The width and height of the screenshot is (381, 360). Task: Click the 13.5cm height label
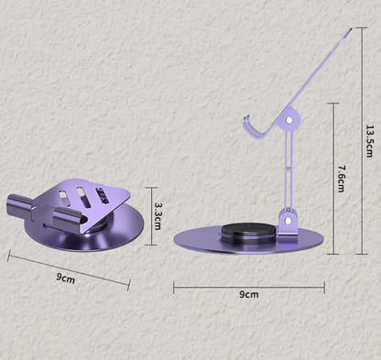[x=369, y=141]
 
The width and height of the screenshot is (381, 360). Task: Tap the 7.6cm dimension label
[x=342, y=179]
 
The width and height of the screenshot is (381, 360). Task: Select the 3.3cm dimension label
[x=158, y=216]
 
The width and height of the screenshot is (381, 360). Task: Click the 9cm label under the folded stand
[x=65, y=278]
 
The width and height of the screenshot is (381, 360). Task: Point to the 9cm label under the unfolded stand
[x=249, y=294]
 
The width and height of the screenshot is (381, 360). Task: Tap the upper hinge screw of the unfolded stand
[x=288, y=120]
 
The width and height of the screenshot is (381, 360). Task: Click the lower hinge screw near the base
[x=288, y=221]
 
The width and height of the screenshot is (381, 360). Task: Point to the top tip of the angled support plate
[x=351, y=29]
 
